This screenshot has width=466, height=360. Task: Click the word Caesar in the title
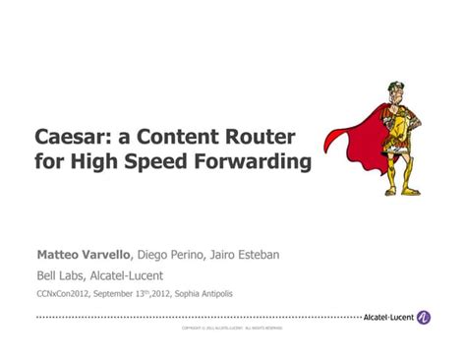tap(70, 136)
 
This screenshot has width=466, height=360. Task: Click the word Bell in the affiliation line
tap(46, 275)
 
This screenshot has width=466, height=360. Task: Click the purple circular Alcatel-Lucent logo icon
tap(424, 317)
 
